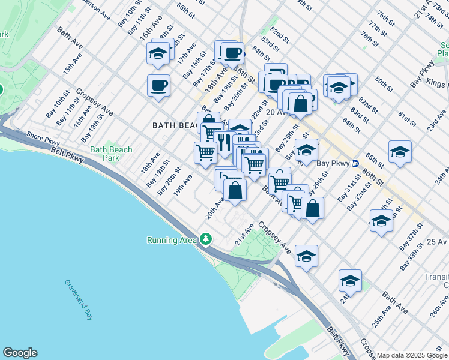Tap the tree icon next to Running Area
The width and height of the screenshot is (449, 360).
tap(206, 240)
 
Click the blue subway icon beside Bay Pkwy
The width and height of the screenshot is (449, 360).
tap(355, 163)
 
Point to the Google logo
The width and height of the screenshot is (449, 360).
tap(20, 353)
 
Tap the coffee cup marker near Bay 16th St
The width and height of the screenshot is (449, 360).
tap(158, 85)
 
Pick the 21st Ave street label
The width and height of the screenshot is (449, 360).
tap(244, 235)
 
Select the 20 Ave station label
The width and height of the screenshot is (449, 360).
tap(277, 112)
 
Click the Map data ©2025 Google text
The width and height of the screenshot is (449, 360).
tap(411, 355)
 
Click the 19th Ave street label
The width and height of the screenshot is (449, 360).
tap(182, 184)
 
